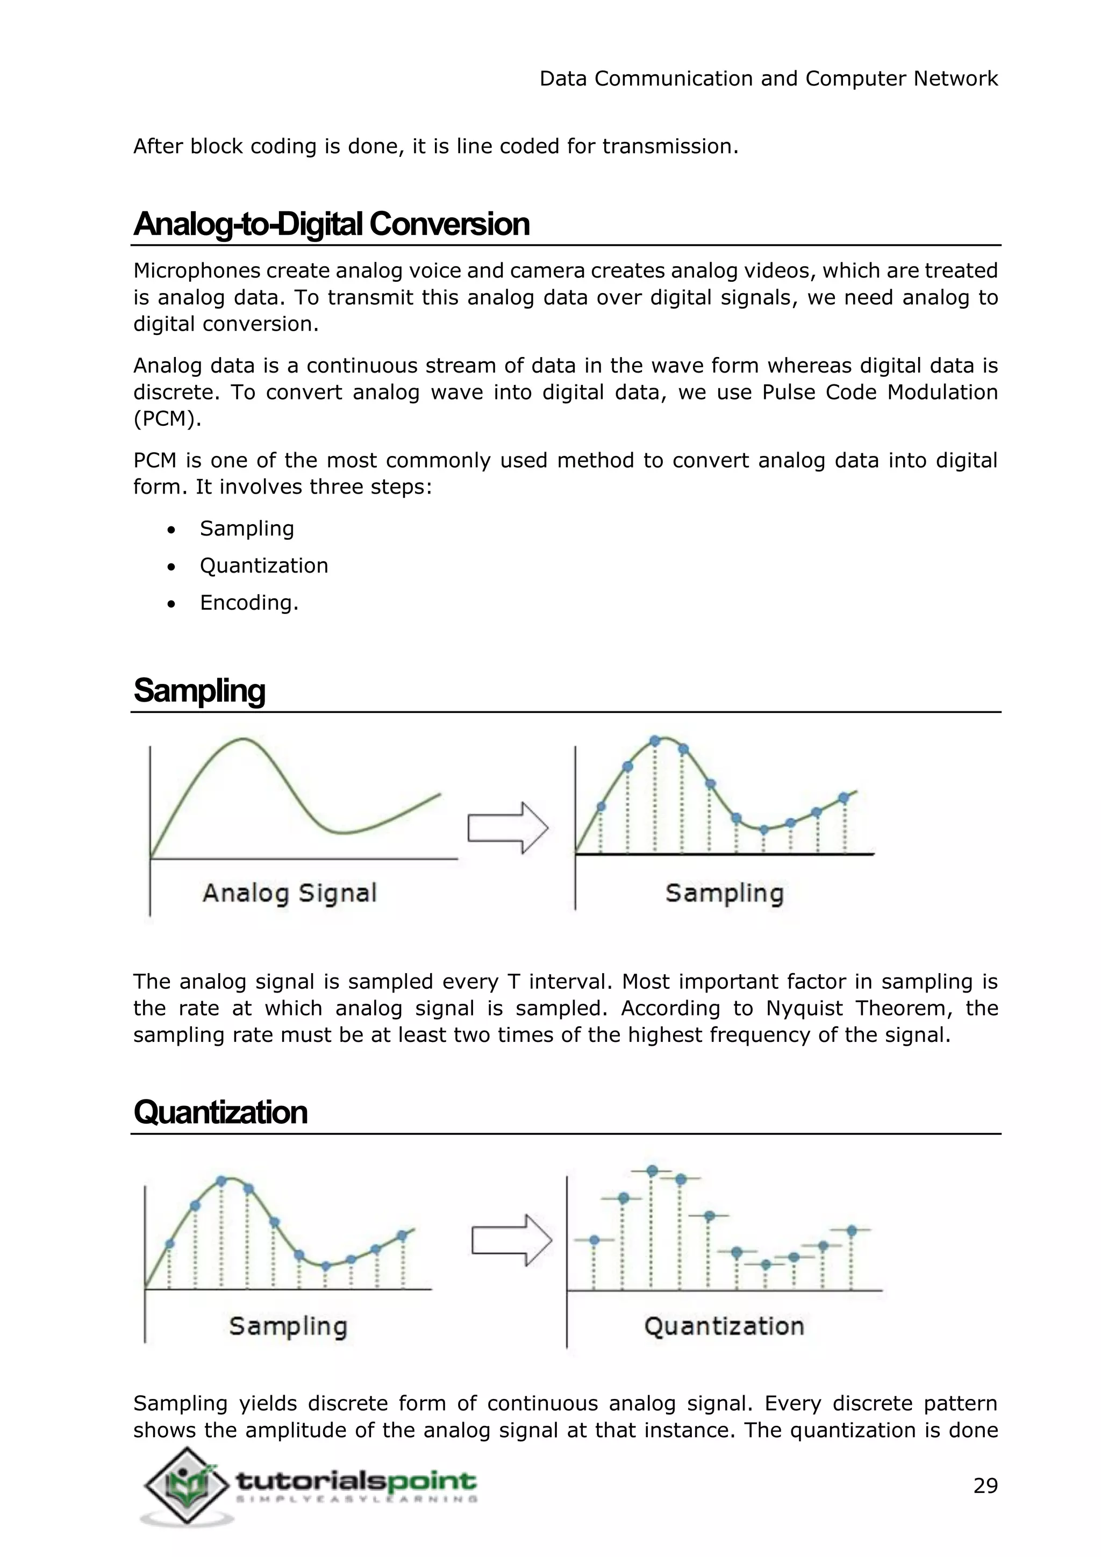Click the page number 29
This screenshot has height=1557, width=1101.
pos(985,1486)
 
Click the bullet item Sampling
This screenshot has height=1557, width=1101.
pos(247,529)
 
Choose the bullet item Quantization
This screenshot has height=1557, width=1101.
pos(264,566)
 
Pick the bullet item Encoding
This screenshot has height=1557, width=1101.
pos(249,603)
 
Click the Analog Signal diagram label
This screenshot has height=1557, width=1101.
pos(289,893)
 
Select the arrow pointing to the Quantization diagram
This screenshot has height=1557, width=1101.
pos(512,1240)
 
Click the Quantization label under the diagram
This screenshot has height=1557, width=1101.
pos(724,1326)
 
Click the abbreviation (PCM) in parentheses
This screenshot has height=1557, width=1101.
pos(167,419)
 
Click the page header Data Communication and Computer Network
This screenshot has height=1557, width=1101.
pos(768,78)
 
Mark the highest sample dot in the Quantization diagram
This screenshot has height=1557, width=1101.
pos(652,1171)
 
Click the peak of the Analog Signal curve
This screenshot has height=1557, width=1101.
pos(242,739)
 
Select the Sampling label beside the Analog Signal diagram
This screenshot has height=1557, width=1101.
pos(724,893)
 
